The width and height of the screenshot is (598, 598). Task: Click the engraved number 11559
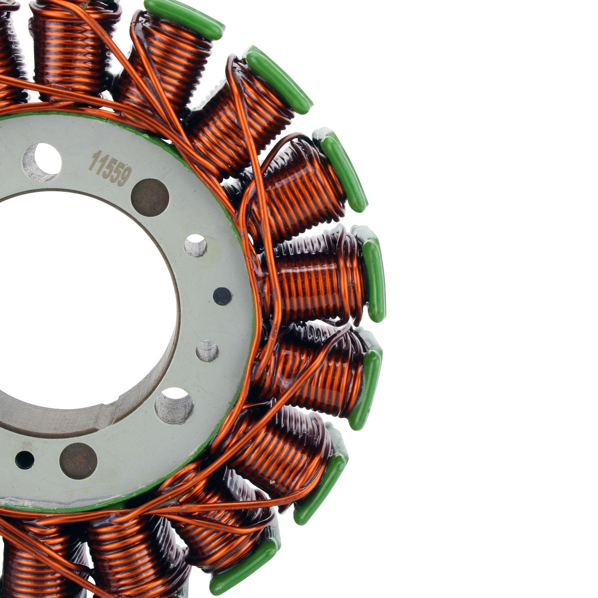coord(110,168)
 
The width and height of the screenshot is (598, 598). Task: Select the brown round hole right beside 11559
coord(149,197)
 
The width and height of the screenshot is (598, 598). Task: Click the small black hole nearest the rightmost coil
coord(222,296)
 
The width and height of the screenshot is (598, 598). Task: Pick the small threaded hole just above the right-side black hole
coord(195,245)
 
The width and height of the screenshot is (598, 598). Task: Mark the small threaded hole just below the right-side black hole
coord(207,351)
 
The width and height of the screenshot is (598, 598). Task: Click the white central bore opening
coord(75,299)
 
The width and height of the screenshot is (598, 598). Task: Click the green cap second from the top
coord(279,80)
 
